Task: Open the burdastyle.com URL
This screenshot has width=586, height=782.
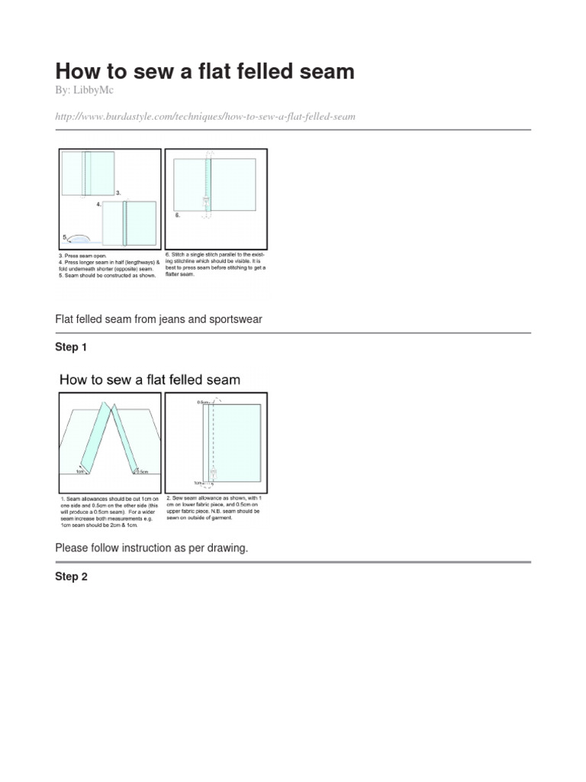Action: click(x=205, y=116)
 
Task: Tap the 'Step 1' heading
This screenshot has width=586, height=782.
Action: click(x=71, y=347)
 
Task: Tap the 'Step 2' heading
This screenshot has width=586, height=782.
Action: click(x=71, y=577)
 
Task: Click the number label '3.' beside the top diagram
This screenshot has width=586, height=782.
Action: click(x=118, y=193)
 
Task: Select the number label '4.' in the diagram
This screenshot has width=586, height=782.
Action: click(x=99, y=205)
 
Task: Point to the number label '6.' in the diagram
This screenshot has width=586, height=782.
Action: click(x=178, y=216)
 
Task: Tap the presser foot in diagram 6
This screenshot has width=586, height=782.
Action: click(x=205, y=202)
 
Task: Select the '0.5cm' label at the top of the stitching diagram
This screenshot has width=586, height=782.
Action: click(x=201, y=400)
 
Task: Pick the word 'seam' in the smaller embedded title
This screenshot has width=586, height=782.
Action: click(x=218, y=380)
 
